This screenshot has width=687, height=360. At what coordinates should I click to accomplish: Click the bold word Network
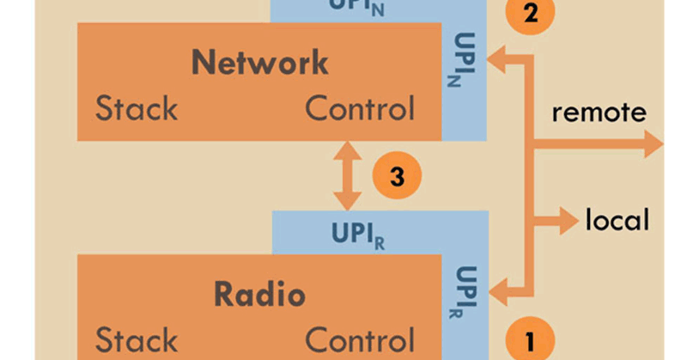pos(259,62)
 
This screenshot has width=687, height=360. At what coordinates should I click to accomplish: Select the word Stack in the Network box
pos(137,109)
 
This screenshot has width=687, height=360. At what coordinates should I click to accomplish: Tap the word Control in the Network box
pos(360,109)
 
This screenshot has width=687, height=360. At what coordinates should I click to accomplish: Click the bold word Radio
pos(259,295)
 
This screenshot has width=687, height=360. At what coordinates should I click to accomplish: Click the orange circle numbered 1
pos(529,341)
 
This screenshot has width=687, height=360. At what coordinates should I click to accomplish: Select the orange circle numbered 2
pos(530,13)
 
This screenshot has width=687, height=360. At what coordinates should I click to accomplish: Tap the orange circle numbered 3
pos(396,177)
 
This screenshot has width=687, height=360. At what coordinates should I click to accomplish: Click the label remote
pos(599,113)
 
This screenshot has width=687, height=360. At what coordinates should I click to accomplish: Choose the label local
pos(617,221)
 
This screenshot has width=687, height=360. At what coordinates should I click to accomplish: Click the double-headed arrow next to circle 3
pos(347,177)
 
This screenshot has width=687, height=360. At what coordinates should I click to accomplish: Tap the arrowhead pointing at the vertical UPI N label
pos(497,58)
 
